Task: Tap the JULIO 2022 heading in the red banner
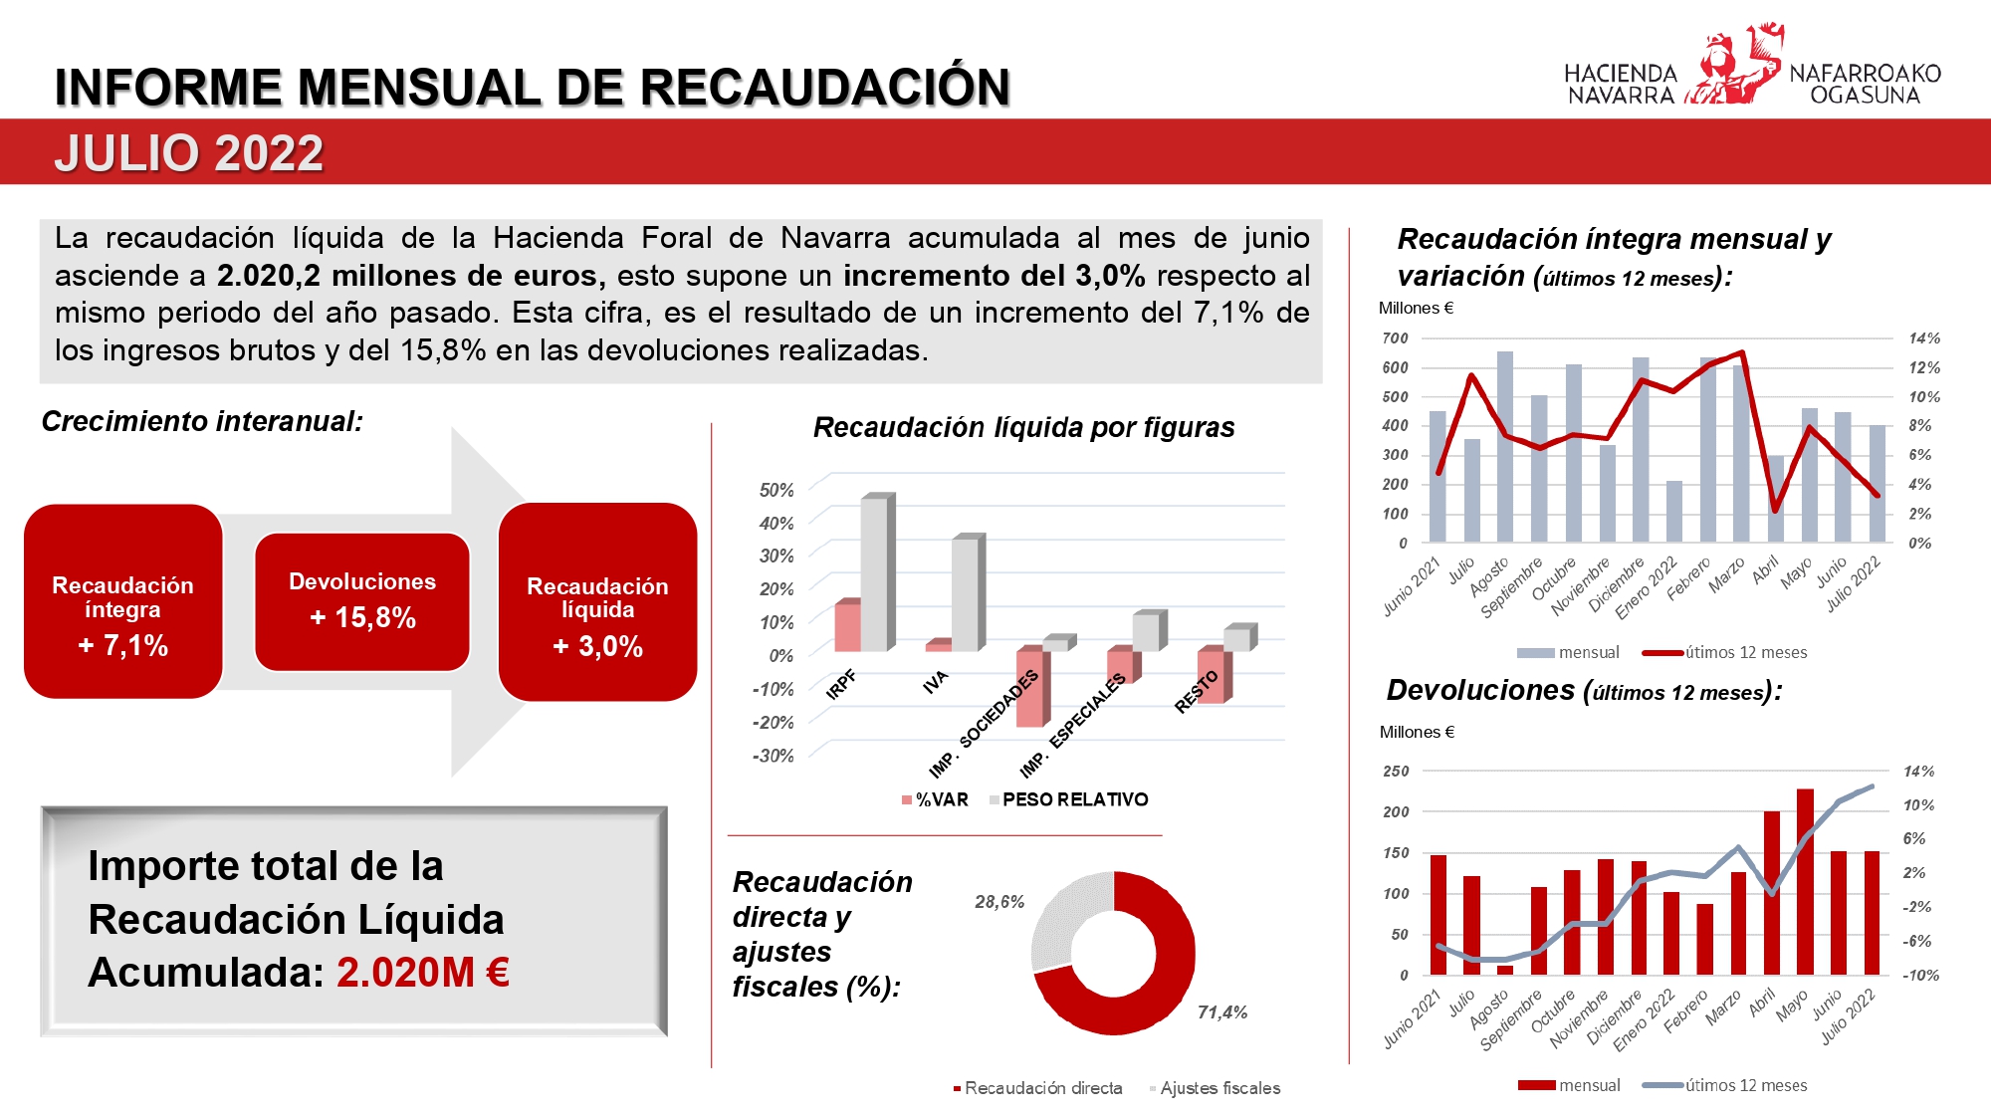[x=189, y=153]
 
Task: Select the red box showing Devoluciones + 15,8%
[x=362, y=601]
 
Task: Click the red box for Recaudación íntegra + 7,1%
[x=122, y=601]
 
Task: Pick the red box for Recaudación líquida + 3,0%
[x=597, y=601]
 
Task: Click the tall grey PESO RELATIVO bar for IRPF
[x=874, y=573]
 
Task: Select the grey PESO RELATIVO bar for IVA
[x=965, y=594]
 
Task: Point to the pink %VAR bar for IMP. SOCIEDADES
[x=1029, y=688]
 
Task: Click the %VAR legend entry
[x=935, y=799]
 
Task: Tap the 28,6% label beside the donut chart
[x=999, y=902]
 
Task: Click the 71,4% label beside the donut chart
[x=1222, y=1012]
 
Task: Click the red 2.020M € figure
[x=423, y=973]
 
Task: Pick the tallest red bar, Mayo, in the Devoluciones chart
[x=1805, y=881]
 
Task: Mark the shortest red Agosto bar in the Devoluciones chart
[x=1505, y=970]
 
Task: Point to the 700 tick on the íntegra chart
[x=1395, y=338]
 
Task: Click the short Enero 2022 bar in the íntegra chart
[x=1674, y=512]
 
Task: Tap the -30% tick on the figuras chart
[x=774, y=756]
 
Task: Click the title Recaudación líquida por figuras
[x=1023, y=428]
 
